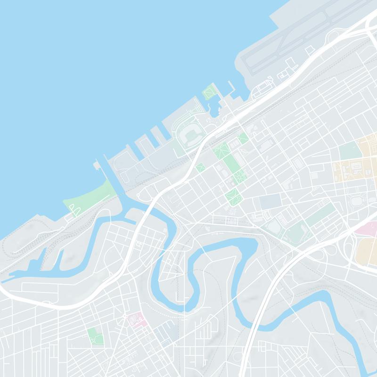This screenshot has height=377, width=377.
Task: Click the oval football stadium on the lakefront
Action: tap(191, 136)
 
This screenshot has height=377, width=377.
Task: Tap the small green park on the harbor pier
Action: tap(209, 92)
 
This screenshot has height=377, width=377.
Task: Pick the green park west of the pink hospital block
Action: tap(95, 336)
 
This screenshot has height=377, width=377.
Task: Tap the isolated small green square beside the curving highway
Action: tap(200, 167)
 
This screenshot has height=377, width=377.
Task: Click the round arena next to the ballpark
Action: tap(274, 226)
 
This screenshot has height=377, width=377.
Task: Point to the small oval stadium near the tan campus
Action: tap(356, 201)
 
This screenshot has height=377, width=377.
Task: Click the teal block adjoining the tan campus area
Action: tap(349, 151)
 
